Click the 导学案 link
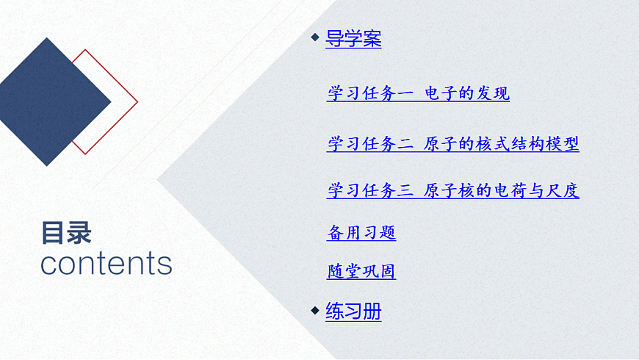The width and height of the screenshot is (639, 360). pyautogui.click(x=353, y=39)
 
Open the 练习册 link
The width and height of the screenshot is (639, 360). pyautogui.click(x=353, y=312)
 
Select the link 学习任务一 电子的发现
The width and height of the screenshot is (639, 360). pyautogui.click(x=418, y=94)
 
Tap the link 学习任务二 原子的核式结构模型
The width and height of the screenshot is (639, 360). pyautogui.click(x=452, y=144)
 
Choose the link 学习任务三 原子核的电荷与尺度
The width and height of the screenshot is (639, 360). pyautogui.click(x=452, y=191)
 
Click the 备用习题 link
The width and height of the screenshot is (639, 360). pyautogui.click(x=361, y=234)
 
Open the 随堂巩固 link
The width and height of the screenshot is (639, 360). pyautogui.click(x=361, y=272)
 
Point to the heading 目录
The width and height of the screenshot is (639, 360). pyautogui.click(x=66, y=233)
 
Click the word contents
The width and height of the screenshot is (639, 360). pyautogui.click(x=106, y=263)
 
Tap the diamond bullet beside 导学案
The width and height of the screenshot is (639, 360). pyautogui.click(x=315, y=37)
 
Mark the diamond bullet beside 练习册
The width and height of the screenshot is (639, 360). pyautogui.click(x=315, y=309)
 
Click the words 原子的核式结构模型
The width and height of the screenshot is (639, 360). pyautogui.click(x=502, y=144)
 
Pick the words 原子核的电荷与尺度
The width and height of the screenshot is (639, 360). pyautogui.click(x=502, y=191)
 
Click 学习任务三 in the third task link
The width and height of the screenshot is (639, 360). pyautogui.click(x=370, y=191)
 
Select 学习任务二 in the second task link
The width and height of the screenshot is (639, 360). pyautogui.click(x=370, y=144)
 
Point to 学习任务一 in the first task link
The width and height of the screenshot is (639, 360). pyautogui.click(x=370, y=94)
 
